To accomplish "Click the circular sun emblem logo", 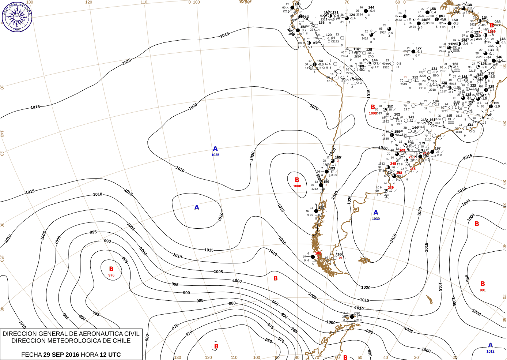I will [x=17, y=16].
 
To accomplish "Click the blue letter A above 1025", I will [x=215, y=149].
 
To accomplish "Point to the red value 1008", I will [x=297, y=186].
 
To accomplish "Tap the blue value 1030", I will [x=376, y=219].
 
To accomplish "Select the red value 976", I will [x=111, y=275].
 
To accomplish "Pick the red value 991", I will [x=483, y=290].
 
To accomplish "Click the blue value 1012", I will [x=491, y=352].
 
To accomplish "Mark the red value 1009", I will [x=372, y=113].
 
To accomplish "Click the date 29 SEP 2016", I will [x=61, y=355].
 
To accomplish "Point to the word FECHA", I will [x=31, y=355].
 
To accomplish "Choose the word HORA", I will [x=90, y=355].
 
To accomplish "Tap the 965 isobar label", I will [x=269, y=341].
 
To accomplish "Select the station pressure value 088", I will [x=497, y=22].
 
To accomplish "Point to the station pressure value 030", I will [x=357, y=313].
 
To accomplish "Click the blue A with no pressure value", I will [x=197, y=207].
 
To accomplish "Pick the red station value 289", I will [x=391, y=188].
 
